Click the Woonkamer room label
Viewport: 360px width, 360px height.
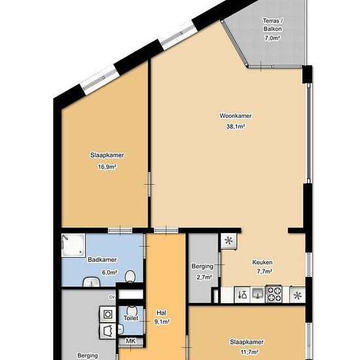236,116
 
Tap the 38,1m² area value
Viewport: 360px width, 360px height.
236,126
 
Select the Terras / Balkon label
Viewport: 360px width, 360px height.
273,25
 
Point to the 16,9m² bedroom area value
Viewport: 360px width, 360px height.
107,167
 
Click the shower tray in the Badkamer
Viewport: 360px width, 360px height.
73,245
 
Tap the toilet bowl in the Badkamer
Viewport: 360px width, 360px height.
130,276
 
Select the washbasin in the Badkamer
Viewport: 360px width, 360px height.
92,282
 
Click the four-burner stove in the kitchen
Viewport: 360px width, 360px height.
274,294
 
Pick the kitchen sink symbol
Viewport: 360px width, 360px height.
258,293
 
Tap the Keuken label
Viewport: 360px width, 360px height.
262,262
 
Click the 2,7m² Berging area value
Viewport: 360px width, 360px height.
204,277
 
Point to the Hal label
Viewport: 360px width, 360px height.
162,313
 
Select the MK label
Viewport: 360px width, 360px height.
131,341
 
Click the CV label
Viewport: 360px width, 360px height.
112,297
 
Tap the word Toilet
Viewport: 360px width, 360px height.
131,318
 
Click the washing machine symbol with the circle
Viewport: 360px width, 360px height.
107,314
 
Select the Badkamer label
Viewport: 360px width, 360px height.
102,260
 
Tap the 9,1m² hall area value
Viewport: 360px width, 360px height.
162,322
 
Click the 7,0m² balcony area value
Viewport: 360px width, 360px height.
272,38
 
